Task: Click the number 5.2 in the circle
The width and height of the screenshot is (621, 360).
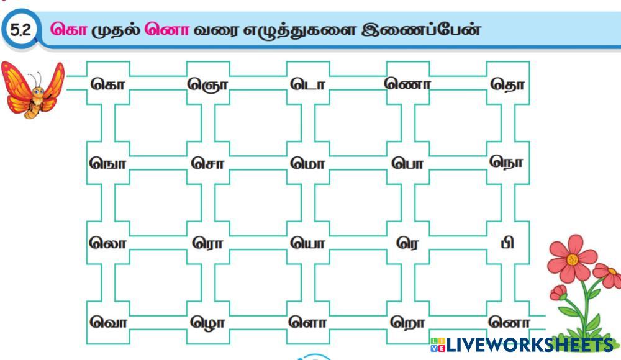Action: (20, 30)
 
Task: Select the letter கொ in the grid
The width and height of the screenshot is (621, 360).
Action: (107, 84)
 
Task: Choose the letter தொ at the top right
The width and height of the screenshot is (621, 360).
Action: (507, 84)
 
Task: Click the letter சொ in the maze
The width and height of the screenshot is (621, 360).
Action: (207, 164)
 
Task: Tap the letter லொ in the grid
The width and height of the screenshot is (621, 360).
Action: (107, 243)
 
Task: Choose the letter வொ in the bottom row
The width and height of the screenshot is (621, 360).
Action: (107, 322)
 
